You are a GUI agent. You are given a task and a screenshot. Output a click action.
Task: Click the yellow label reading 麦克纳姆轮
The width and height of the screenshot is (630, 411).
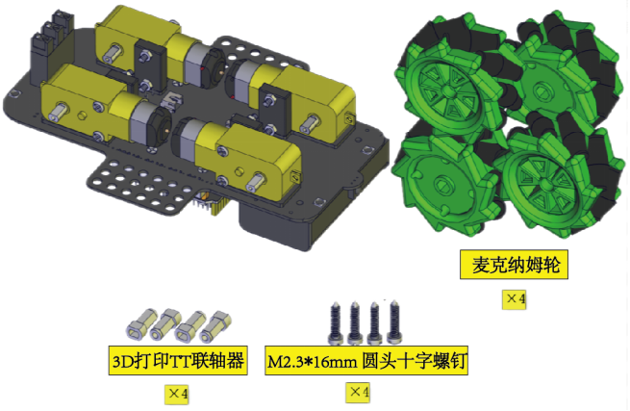pos(514,265)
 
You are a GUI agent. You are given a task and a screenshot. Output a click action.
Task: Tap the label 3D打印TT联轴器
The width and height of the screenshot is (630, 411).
pos(178,361)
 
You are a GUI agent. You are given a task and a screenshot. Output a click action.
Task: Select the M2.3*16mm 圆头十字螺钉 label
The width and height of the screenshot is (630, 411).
pos(366,361)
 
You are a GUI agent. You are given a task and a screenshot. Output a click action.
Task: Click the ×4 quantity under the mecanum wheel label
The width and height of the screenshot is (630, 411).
pos(514,298)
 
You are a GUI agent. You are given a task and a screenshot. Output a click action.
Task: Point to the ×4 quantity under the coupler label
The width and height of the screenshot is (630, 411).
pos(176,394)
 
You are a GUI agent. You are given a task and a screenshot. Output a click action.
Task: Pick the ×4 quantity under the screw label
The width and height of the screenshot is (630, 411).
pos(358,392)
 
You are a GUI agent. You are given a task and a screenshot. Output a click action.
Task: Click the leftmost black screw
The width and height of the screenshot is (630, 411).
pos(335,323)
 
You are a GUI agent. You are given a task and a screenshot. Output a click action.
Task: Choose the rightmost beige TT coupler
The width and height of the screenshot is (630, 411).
pos(214,326)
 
